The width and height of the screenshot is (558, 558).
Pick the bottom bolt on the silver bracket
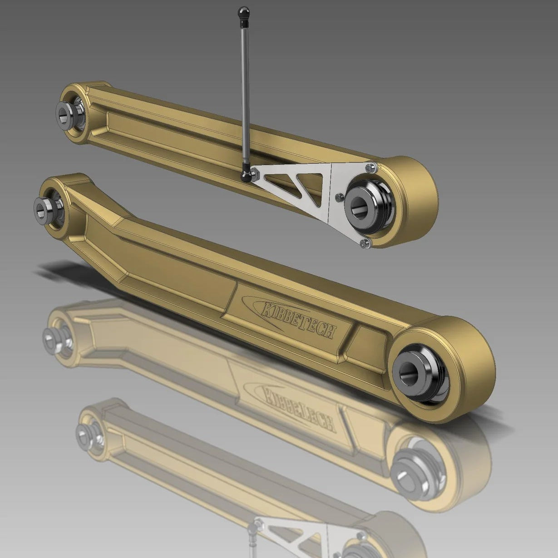(364, 244)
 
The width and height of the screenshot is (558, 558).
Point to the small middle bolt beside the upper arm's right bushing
(338, 198)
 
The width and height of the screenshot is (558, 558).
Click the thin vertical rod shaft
(246, 91)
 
